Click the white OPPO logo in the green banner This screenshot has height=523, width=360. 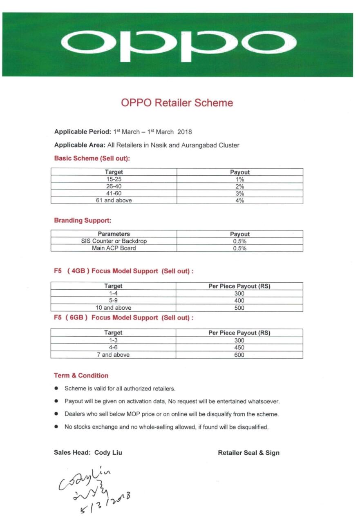click(179, 44)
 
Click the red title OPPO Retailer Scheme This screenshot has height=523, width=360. click(177, 103)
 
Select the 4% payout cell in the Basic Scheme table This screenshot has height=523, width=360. click(240, 200)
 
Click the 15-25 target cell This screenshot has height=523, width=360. click(114, 179)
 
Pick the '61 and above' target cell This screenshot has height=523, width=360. click(114, 200)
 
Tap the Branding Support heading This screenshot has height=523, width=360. click(83, 220)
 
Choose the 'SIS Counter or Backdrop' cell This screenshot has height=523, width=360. click(114, 241)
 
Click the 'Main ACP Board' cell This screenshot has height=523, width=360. click(114, 248)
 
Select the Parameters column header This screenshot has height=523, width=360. click(114, 234)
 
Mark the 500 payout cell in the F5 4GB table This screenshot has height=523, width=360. click(239, 308)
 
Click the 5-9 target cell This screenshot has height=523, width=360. click(114, 301)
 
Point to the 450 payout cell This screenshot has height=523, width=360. click(239, 348)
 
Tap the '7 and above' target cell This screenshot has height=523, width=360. click(113, 355)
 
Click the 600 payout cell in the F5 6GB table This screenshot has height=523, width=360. click(239, 355)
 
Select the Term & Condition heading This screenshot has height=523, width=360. click(81, 375)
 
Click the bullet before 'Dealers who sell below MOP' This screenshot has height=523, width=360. click(56, 414)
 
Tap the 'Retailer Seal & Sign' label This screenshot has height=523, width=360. click(248, 453)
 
